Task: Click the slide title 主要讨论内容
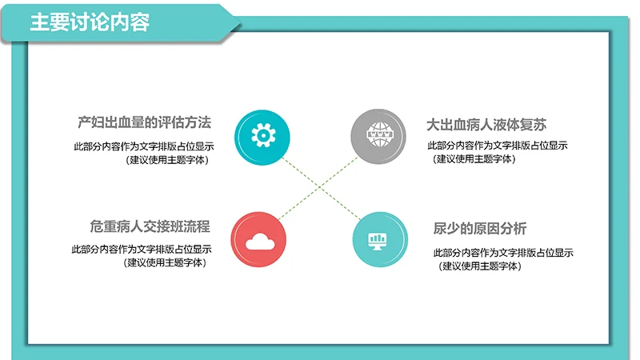click(90, 21)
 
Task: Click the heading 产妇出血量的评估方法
click(144, 123)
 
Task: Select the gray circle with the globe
click(377, 134)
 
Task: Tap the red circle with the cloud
click(260, 238)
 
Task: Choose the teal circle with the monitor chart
click(377, 238)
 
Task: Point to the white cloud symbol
click(260, 239)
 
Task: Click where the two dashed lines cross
click(319, 186)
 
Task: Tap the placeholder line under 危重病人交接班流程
click(142, 249)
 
